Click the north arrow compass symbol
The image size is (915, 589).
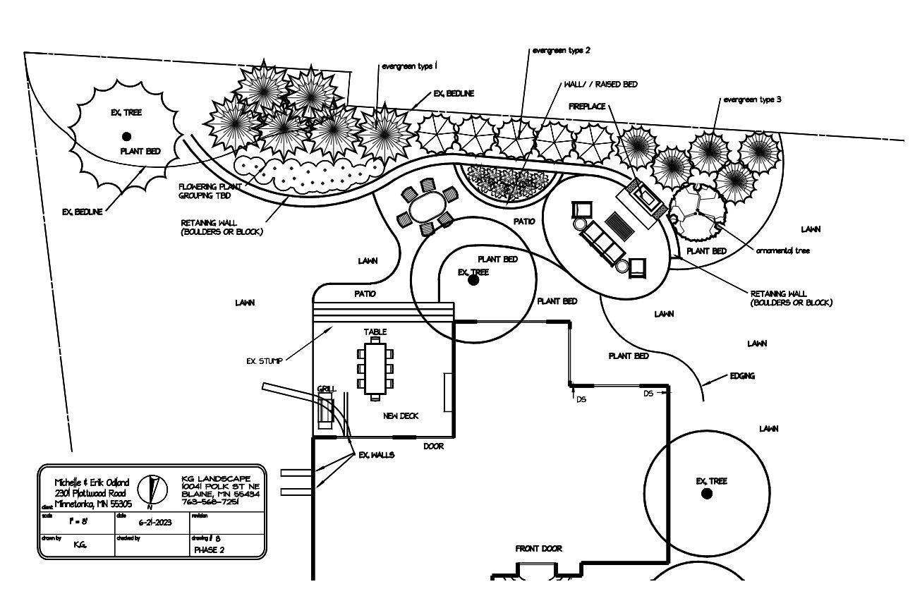(x=153, y=489)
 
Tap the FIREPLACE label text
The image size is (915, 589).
(x=587, y=106)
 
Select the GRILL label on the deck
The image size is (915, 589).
(x=327, y=389)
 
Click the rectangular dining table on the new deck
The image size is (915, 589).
(x=375, y=370)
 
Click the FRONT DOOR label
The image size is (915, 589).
(x=539, y=548)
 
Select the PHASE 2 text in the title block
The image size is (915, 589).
(x=208, y=550)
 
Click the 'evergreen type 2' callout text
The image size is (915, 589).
(x=562, y=51)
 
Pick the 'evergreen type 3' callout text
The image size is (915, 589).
(x=752, y=99)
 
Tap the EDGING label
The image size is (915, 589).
(x=742, y=376)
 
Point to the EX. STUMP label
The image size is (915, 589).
(x=265, y=361)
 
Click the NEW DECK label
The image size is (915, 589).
(x=401, y=416)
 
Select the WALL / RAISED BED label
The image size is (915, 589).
(x=600, y=84)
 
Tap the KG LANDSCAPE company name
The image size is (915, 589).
(x=220, y=478)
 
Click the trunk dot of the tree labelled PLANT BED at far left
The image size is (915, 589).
(x=126, y=136)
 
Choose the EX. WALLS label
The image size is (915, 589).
(x=377, y=455)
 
